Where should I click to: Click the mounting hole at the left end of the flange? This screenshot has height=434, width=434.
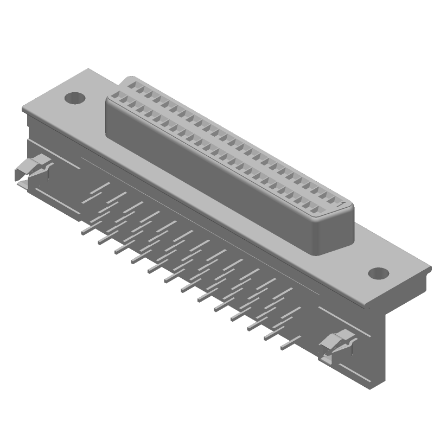[x=75, y=99]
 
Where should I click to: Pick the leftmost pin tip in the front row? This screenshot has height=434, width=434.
[x=84, y=232]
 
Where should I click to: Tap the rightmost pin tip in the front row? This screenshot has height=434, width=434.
[x=283, y=346]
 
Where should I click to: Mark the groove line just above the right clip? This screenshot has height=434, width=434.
[x=342, y=319]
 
